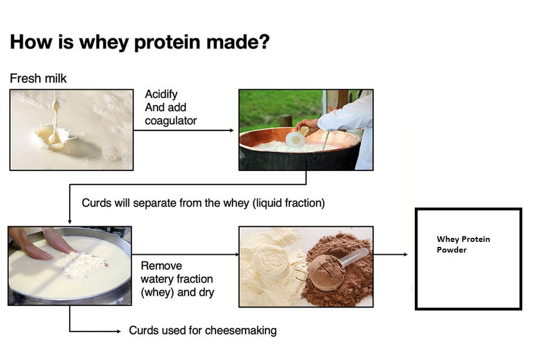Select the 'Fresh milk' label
point(38,78)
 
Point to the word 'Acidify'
point(161,94)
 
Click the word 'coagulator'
point(171,120)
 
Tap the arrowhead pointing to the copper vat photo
point(231,130)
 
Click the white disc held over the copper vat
point(295,139)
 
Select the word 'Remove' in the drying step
point(161,265)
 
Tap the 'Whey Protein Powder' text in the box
point(463,244)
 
